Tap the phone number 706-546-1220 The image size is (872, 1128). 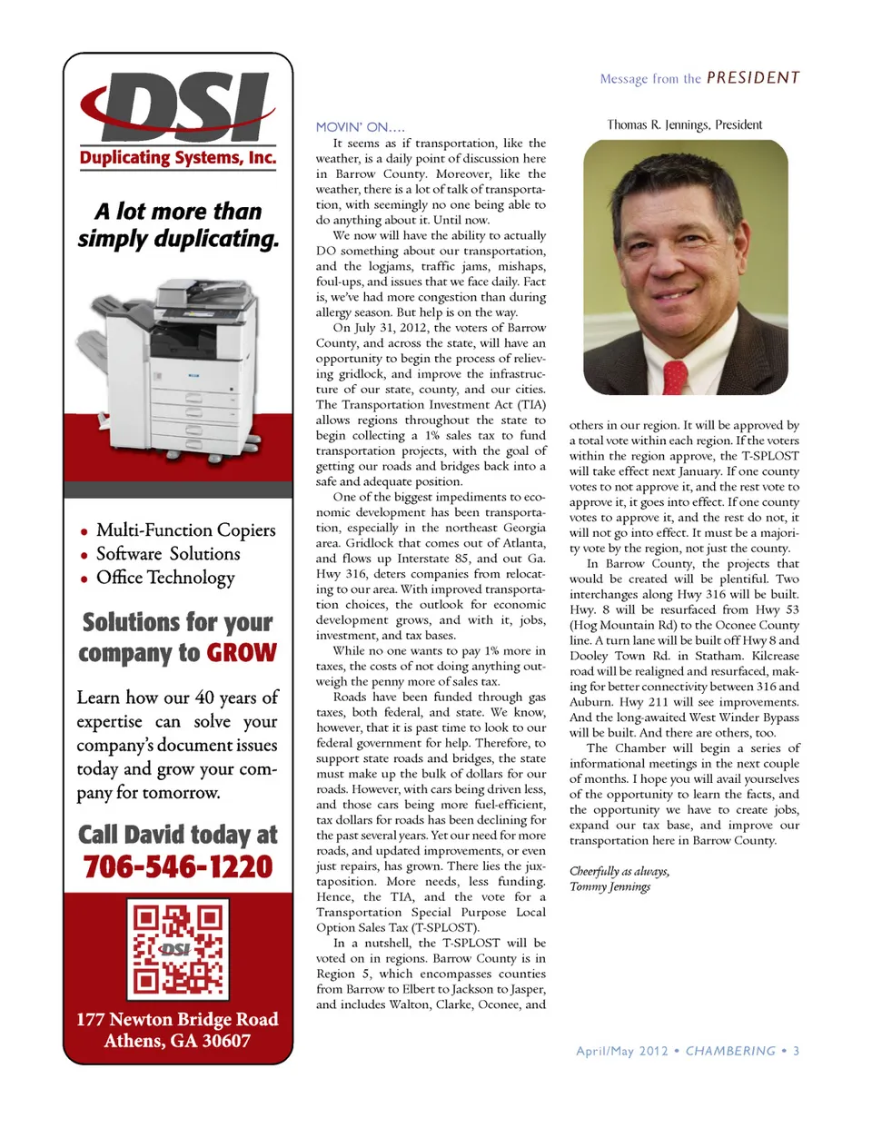tap(178, 866)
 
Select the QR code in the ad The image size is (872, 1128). tap(178, 947)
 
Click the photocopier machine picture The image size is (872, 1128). tap(178, 363)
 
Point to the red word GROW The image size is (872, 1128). tap(242, 653)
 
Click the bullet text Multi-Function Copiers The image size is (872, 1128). tap(185, 529)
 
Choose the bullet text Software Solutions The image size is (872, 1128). tap(168, 553)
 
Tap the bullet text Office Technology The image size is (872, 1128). tap(165, 578)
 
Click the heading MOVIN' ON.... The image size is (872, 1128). tap(360, 127)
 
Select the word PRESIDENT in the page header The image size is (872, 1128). tap(753, 78)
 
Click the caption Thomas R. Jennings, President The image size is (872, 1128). tap(684, 124)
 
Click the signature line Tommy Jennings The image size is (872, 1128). tap(609, 886)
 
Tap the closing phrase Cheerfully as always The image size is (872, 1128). tap(619, 871)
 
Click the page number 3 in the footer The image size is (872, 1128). tap(796, 1051)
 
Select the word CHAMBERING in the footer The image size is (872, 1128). tap(730, 1051)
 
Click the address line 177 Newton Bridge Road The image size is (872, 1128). tap(178, 1019)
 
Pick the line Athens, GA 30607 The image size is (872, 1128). tap(178, 1041)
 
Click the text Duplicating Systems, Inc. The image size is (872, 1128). tap(178, 157)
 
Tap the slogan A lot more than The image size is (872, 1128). tap(178, 212)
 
